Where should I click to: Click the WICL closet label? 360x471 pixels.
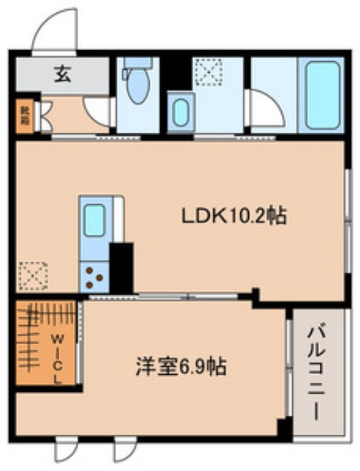coord(57,358)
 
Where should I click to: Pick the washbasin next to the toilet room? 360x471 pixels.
coord(179,112)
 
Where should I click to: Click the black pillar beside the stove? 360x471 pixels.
coord(121,267)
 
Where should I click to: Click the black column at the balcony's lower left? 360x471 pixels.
coord(283,428)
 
